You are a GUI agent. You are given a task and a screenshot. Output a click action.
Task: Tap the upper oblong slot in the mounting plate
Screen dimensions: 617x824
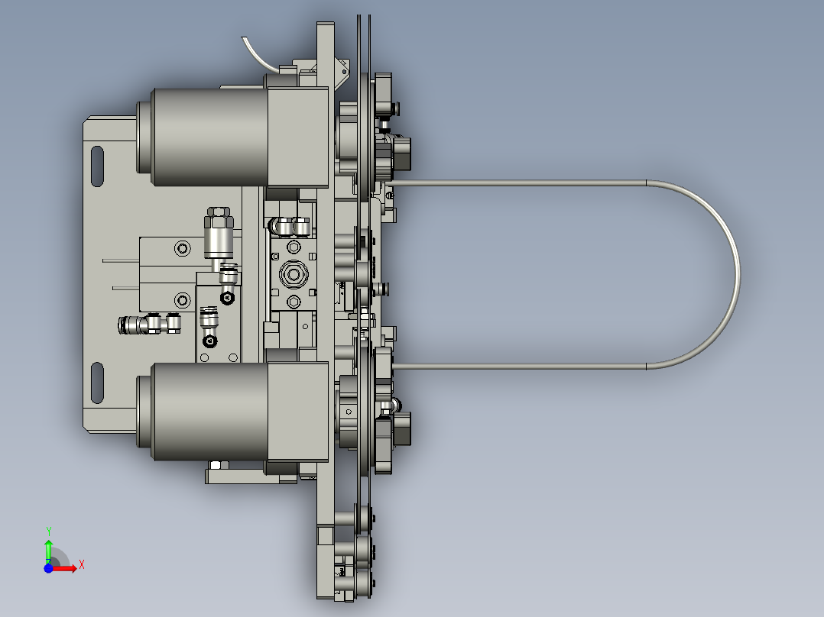97,166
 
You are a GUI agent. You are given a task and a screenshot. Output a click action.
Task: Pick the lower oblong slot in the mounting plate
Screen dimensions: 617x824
97,383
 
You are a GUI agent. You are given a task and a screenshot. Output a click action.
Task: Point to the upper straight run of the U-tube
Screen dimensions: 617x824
520,183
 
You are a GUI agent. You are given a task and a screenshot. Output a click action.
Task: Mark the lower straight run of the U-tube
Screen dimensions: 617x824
520,367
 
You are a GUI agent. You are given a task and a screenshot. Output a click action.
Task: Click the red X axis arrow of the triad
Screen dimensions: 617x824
69,567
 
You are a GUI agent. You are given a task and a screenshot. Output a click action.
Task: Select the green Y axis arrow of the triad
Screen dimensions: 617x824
48,548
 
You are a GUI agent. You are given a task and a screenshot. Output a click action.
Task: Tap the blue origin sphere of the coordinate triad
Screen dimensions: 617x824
48,568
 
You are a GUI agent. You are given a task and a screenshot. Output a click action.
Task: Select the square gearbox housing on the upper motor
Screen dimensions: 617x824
298,137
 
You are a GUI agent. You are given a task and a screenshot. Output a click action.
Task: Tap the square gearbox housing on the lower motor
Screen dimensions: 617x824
298,412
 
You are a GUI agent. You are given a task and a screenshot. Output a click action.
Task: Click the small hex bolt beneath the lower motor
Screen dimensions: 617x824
216,464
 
